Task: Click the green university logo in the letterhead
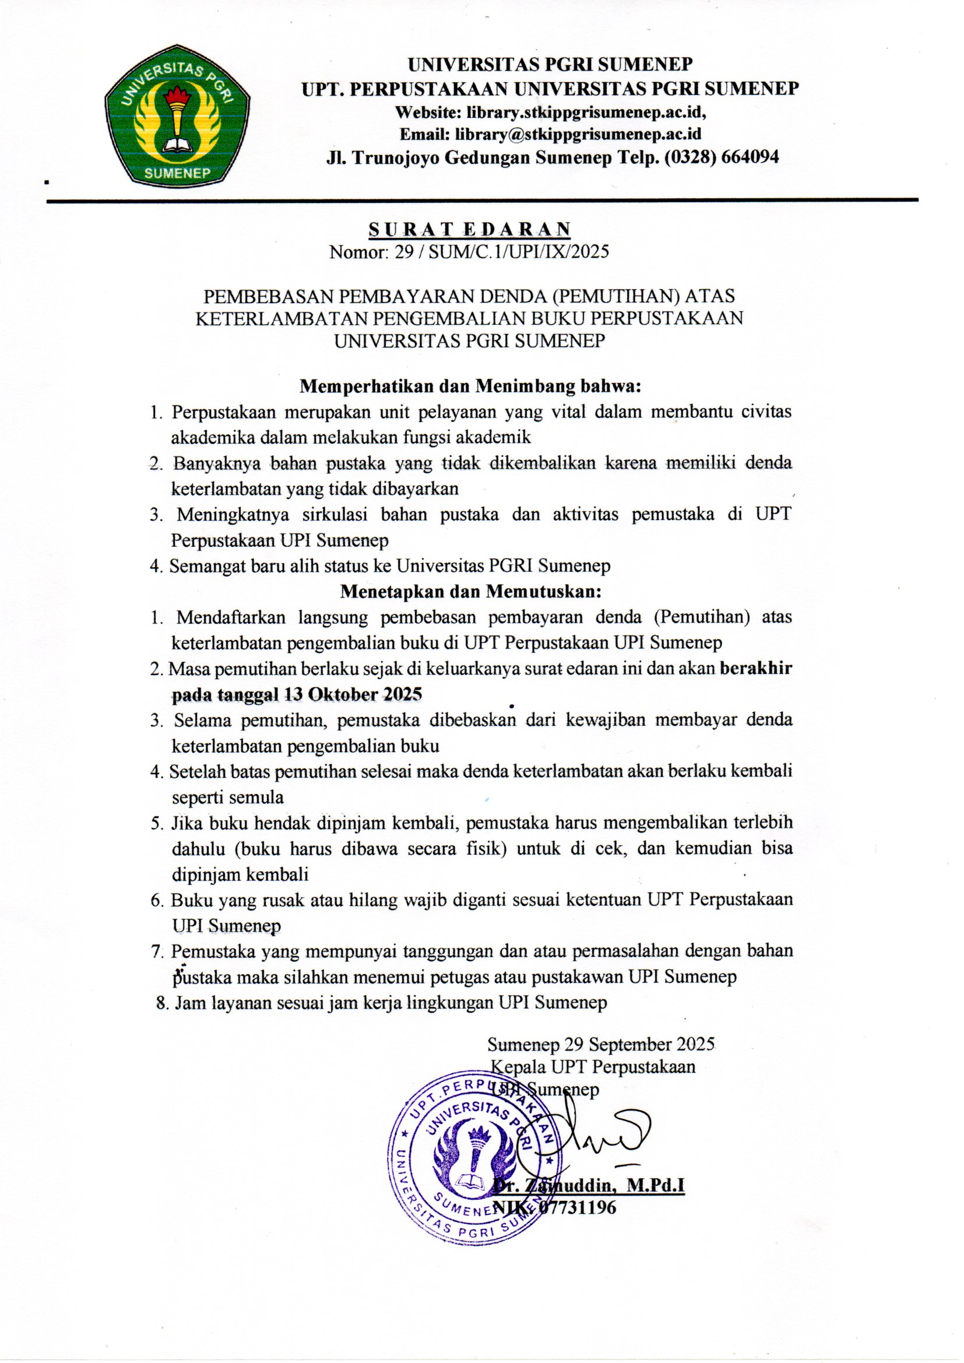tap(177, 114)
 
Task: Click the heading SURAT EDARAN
tap(470, 229)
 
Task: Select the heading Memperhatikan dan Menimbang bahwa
tap(471, 387)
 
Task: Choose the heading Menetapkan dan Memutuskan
tap(471, 592)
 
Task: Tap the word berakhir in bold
tap(756, 669)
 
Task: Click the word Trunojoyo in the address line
tap(397, 157)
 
